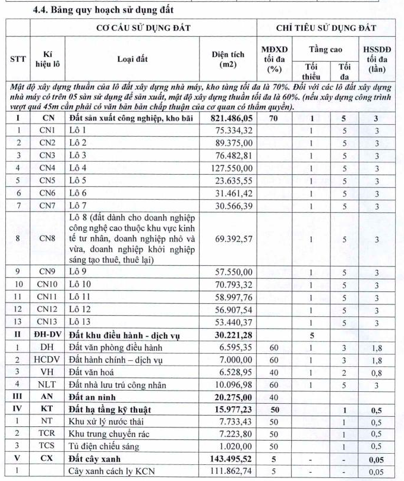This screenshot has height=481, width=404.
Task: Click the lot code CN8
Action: pos(48,238)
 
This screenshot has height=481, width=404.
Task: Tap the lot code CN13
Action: pos(48,322)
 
